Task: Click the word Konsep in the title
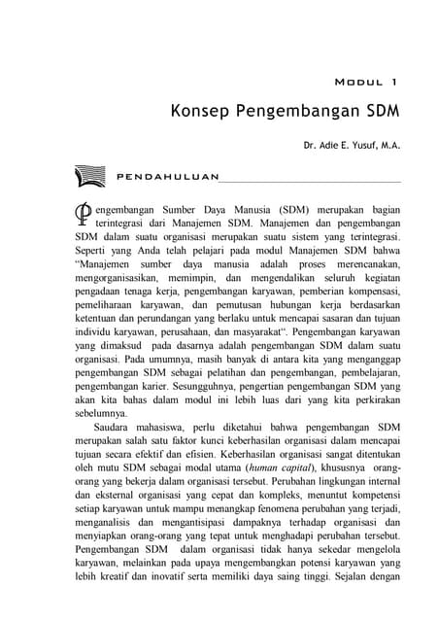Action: (198, 110)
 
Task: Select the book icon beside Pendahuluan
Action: (89, 177)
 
